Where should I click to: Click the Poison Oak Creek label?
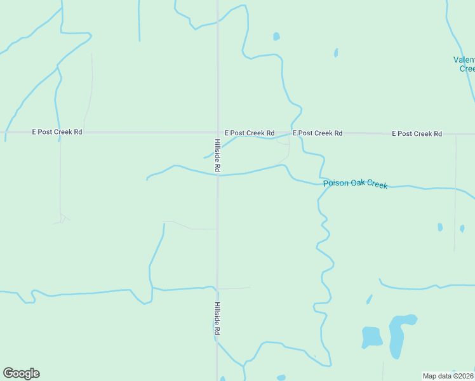click(x=355, y=184)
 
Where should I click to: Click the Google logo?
click(x=21, y=373)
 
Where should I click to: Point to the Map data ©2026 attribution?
click(x=448, y=376)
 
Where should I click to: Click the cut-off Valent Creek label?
click(x=464, y=64)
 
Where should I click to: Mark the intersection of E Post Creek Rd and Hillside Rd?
click(x=217, y=133)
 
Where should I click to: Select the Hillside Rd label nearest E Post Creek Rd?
click(x=217, y=155)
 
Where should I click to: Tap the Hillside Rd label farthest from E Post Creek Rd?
click(x=217, y=318)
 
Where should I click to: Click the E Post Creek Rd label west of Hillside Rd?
click(x=57, y=132)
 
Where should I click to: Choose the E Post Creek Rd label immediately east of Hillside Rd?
click(x=249, y=133)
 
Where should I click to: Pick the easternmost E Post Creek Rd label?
click(x=417, y=133)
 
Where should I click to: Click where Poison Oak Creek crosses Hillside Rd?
click(x=217, y=175)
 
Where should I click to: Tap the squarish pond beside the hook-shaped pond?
click(x=371, y=336)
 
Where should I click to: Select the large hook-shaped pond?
click(x=398, y=333)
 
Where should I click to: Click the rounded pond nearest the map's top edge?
click(x=276, y=36)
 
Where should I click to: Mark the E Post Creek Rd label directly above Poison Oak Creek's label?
click(x=318, y=133)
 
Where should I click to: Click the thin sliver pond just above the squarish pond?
click(x=369, y=299)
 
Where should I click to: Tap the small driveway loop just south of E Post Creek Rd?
click(x=283, y=142)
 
